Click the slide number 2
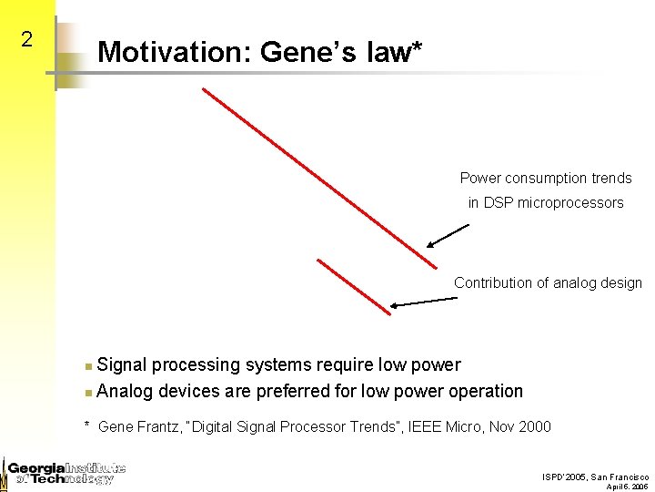(x=27, y=39)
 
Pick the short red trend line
(x=354, y=287)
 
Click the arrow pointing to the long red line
(x=448, y=237)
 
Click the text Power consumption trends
(x=545, y=179)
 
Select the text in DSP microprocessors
(x=545, y=203)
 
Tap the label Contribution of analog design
(x=548, y=283)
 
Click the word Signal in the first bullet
(x=122, y=365)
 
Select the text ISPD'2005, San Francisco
(x=595, y=477)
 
